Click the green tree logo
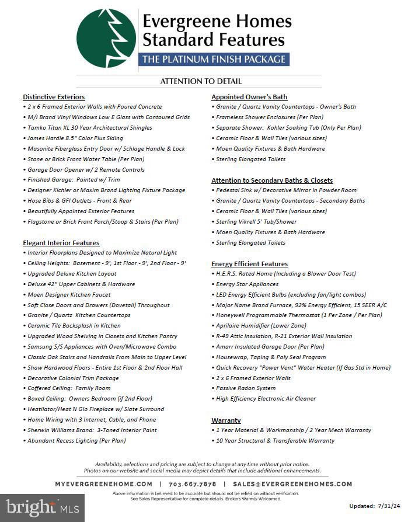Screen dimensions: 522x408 click(106, 39)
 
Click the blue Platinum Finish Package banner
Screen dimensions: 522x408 click(214, 59)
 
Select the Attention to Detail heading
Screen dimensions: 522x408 click(201, 82)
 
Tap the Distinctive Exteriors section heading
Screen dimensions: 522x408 click(54, 97)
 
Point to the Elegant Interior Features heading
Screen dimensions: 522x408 click(61, 243)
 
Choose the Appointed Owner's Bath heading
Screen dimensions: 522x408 click(249, 97)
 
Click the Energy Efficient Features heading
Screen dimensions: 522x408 click(250, 264)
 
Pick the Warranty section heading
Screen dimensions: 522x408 click(226, 420)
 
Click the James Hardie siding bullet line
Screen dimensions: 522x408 click(75, 138)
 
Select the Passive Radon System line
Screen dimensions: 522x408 click(246, 388)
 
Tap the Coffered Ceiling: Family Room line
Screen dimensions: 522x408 click(69, 388)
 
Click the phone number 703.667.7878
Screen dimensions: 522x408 click(193, 484)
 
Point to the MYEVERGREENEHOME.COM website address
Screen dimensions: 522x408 click(104, 484)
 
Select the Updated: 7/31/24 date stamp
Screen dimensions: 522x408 click(374, 506)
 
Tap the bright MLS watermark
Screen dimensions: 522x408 click(42, 506)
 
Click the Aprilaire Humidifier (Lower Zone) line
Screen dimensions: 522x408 click(261, 326)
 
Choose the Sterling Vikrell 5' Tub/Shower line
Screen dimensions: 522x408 click(256, 222)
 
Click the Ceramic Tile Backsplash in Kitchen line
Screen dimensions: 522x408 click(74, 326)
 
